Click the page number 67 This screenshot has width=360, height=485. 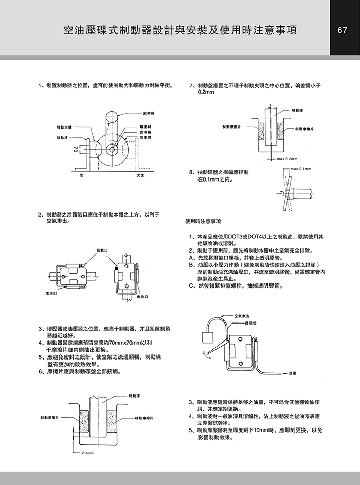(344, 29)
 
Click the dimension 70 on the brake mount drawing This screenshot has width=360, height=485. (75, 149)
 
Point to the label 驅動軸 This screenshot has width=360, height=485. (145, 127)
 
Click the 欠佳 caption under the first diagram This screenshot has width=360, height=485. (140, 175)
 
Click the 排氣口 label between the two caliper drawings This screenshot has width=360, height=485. (101, 250)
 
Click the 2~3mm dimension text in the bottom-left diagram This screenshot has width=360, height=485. (87, 453)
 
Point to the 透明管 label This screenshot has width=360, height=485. (250, 324)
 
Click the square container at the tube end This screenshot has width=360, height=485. (209, 337)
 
